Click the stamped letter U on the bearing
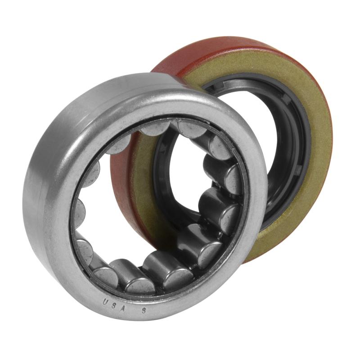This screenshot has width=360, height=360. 105,301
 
